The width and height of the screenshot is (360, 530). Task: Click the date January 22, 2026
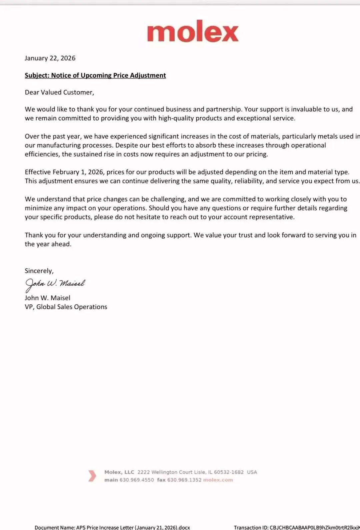[50, 58]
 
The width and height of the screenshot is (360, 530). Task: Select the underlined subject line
[95, 75]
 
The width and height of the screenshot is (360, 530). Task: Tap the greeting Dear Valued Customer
[59, 92]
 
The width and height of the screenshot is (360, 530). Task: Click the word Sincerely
[39, 271]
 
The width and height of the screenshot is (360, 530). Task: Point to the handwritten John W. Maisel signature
[55, 284]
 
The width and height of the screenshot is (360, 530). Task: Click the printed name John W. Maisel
[47, 298]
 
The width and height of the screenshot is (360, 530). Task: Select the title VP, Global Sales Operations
[66, 307]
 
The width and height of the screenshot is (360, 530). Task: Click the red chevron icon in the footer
[92, 476]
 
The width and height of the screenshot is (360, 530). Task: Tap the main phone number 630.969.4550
[137, 480]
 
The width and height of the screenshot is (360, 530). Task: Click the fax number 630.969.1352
[184, 480]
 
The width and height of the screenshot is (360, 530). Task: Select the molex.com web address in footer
[218, 480]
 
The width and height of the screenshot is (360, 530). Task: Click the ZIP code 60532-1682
[229, 472]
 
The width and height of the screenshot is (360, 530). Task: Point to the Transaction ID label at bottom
[251, 527]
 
